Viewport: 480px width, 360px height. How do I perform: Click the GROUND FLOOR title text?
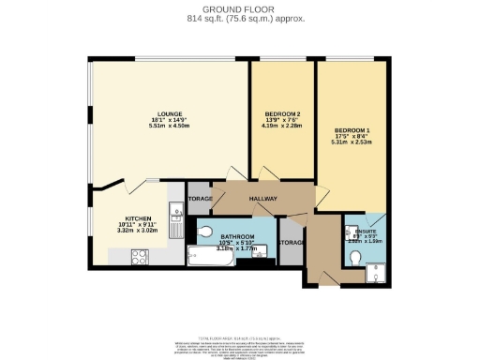(x=240, y=8)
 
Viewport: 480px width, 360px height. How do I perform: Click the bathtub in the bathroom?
(x=211, y=254)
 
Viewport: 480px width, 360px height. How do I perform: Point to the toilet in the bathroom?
(x=205, y=232)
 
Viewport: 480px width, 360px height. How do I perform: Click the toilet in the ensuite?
(x=355, y=257)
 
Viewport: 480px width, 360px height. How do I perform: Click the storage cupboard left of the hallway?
(x=200, y=199)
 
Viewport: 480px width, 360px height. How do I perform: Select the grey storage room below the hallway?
(x=290, y=244)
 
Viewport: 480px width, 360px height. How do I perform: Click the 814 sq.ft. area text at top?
(x=240, y=18)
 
